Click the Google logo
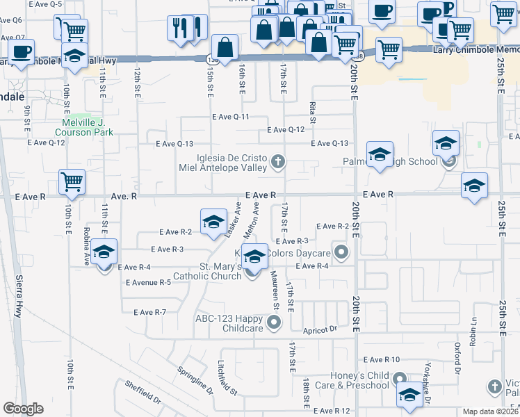[x=23, y=409]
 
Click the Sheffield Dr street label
[x=143, y=393]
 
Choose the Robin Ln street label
[x=473, y=327]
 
